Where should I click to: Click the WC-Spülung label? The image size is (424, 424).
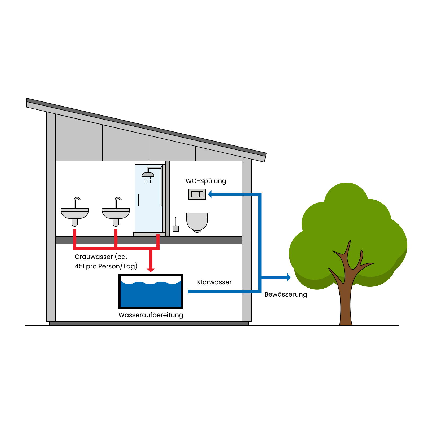point(206,181)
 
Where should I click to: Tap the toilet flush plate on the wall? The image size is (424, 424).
point(197,194)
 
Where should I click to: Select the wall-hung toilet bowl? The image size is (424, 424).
point(197,222)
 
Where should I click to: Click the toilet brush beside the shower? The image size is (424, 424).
point(176,226)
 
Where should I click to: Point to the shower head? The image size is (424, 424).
point(148,174)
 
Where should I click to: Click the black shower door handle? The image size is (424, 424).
point(139,200)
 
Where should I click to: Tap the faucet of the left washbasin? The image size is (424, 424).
point(76,202)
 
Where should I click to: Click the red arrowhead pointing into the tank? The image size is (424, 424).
point(151,270)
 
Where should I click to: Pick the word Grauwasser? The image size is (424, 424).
point(94,257)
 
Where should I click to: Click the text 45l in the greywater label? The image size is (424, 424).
point(79,266)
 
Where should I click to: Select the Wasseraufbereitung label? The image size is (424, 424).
point(151,315)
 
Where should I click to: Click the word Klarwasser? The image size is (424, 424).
point(214,282)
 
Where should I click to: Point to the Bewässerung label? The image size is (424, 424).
point(286,294)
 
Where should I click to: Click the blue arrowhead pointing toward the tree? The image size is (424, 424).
point(289,277)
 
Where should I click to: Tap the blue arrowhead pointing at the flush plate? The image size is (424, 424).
point(210,194)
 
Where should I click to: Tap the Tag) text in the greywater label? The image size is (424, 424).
point(130,266)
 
